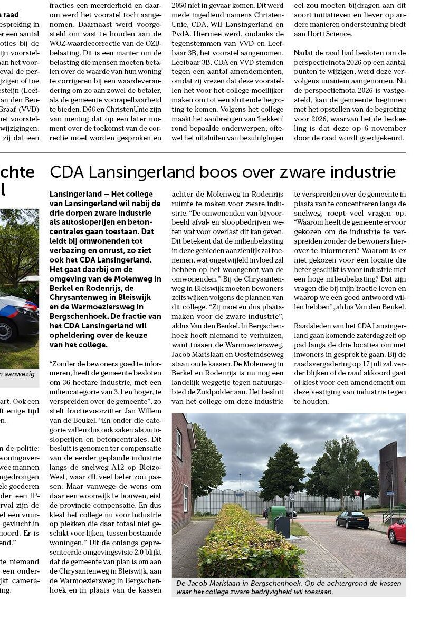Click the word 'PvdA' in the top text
(182, 34)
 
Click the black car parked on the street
(352, 519)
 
